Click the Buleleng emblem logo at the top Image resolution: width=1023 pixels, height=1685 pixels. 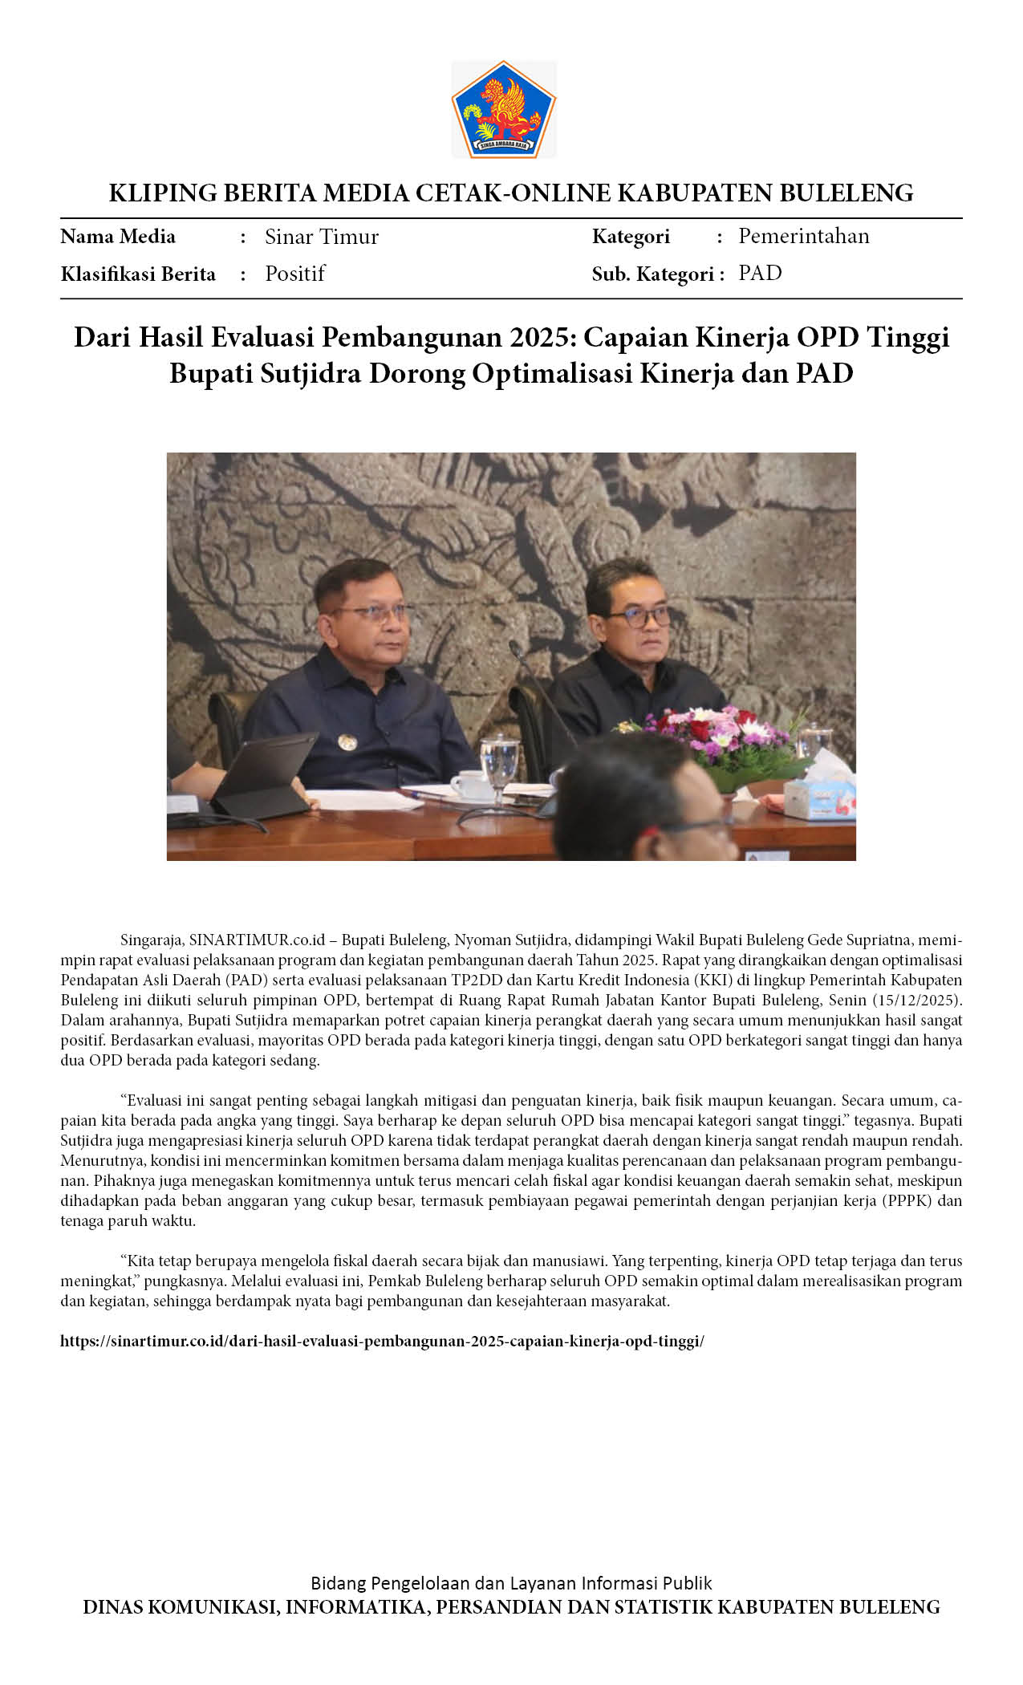pos(503,109)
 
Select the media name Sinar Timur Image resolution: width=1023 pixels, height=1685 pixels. pos(321,237)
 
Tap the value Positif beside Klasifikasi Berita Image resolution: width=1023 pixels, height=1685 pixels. pos(294,274)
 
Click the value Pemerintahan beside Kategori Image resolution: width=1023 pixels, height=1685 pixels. pos(803,236)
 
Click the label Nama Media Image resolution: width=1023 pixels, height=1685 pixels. pos(118,237)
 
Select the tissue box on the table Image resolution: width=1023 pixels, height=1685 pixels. pos(818,794)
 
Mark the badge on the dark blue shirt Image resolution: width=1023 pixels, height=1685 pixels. pos(347,742)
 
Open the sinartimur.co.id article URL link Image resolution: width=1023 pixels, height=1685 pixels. pos(382,1341)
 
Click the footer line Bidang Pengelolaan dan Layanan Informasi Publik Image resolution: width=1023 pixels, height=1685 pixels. pos(511,1583)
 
